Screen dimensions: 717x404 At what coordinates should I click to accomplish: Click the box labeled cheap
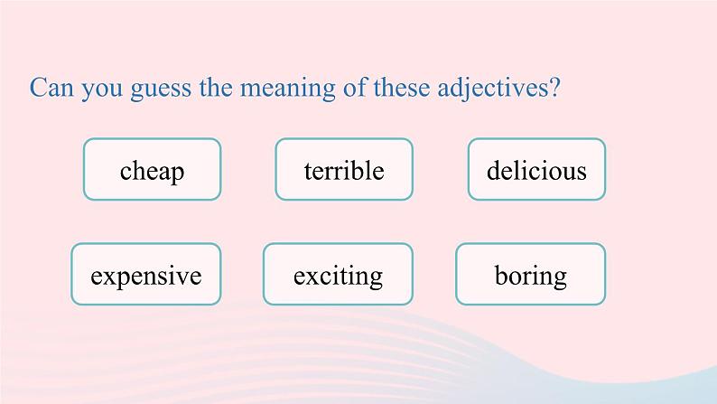[153, 169]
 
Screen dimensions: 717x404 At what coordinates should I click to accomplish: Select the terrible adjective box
[344, 169]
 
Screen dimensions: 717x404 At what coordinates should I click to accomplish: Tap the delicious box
[536, 169]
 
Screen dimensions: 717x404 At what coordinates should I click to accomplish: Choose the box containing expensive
[146, 274]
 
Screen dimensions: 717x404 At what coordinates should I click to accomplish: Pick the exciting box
[338, 274]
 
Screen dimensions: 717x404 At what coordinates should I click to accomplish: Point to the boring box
[530, 274]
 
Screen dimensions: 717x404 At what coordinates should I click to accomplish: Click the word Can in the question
[51, 87]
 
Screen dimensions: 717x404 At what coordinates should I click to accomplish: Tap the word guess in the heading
[161, 89]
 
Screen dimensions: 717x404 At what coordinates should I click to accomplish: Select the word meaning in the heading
[288, 89]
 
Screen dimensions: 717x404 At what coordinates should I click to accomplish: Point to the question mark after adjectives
[554, 87]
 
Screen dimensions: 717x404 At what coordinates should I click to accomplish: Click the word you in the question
[102, 90]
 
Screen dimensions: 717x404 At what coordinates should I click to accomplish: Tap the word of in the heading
[355, 87]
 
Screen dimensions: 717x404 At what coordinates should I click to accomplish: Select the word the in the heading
[216, 87]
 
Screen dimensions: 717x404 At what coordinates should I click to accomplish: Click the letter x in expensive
[111, 277]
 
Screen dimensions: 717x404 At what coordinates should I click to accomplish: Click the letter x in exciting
[313, 277]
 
